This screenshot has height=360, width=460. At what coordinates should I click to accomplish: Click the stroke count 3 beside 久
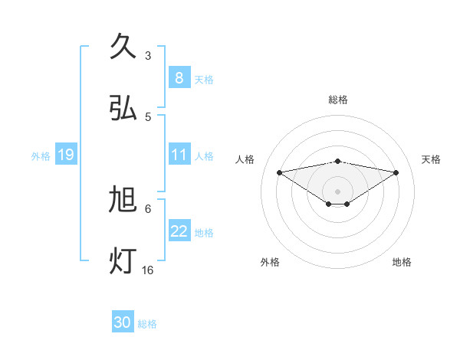pos(148,55)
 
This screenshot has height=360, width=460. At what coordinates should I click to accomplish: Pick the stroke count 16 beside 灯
pos(148,270)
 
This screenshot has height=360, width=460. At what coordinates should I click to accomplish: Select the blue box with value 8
pos(179,77)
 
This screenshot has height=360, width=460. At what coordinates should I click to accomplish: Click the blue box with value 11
pos(179,155)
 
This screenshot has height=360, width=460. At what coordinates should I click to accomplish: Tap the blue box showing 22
pos(179,231)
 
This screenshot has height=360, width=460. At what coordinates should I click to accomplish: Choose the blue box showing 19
pos(66,155)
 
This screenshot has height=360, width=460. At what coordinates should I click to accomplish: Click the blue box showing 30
pos(123,322)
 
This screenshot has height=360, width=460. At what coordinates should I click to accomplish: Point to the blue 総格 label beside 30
pos(147,324)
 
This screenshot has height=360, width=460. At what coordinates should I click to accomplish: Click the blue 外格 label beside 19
pos(41,155)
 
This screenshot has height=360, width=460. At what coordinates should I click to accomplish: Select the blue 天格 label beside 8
pos(203,79)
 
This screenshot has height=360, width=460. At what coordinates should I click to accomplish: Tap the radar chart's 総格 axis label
pos(337,100)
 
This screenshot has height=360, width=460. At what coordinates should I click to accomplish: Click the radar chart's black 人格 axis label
pos(245,159)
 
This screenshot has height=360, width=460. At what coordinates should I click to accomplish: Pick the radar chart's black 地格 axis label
pos(402,262)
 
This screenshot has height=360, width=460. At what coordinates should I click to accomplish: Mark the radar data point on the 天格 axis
pos(396,172)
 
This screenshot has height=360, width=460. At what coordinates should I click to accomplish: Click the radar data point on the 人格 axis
pos(279,172)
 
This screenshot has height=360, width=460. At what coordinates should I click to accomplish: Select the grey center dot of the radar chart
pos(337,191)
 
